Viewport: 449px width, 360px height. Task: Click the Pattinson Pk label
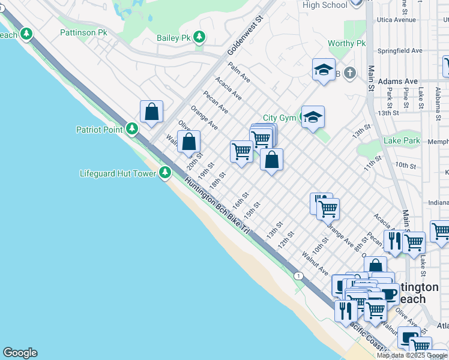pyautogui.click(x=83, y=32)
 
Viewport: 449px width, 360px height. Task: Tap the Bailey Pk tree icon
pyautogui.click(x=199, y=38)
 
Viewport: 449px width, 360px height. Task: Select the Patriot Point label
pyautogui.click(x=99, y=129)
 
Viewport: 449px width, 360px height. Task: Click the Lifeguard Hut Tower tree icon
pyautogui.click(x=166, y=173)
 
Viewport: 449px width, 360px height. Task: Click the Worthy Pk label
pyautogui.click(x=346, y=44)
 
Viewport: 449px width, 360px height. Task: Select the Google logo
pyautogui.click(x=20, y=353)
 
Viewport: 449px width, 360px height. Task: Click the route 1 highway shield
pyautogui.click(x=298, y=275)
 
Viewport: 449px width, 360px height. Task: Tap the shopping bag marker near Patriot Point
pyautogui.click(x=152, y=112)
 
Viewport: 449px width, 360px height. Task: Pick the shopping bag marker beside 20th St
pyautogui.click(x=189, y=143)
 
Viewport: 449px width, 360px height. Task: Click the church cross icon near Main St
pyautogui.click(x=351, y=73)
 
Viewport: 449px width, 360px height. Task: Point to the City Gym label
pyautogui.click(x=280, y=118)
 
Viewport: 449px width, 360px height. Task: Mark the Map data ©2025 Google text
pyautogui.click(x=412, y=355)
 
